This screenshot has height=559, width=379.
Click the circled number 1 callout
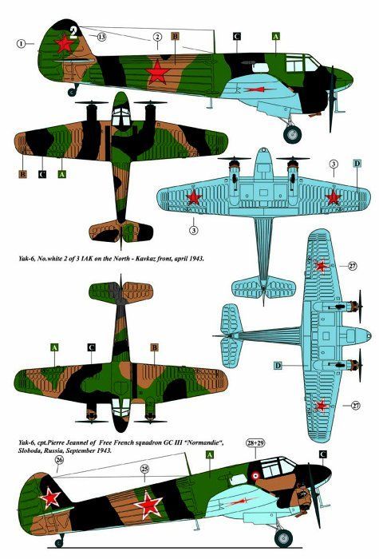pyautogui.click(x=21, y=43)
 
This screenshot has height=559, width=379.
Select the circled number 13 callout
pyautogui.click(x=101, y=37)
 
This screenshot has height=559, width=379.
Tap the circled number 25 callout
pyautogui.click(x=144, y=469)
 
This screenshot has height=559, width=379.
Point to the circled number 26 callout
pyautogui.click(x=59, y=460)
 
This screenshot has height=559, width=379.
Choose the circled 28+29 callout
pyautogui.click(x=255, y=443)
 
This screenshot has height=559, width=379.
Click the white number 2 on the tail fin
pyautogui.click(x=73, y=32)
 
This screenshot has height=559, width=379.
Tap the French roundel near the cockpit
pyautogui.click(x=255, y=476)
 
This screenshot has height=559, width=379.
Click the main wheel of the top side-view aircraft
pyautogui.click(x=293, y=134)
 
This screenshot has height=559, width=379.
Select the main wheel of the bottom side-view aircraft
pyautogui.click(x=284, y=538)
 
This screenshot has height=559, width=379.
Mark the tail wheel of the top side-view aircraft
pyautogui.click(x=73, y=93)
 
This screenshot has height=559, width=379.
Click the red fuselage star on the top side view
pyautogui.click(x=157, y=73)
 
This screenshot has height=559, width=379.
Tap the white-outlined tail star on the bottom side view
pyautogui.click(x=49, y=498)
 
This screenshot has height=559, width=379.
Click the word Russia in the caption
pyautogui.click(x=53, y=450)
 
